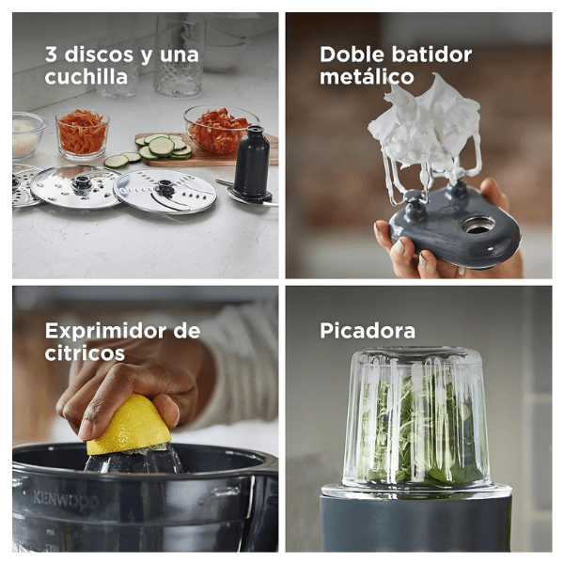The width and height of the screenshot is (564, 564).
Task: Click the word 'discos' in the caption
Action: pos(99,55)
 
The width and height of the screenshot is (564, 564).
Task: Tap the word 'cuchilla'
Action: pos(86,77)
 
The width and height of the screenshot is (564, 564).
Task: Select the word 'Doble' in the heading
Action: pos(352,55)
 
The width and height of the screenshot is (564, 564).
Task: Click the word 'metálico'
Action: pos(367,77)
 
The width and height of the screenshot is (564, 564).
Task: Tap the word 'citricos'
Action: pos(85,352)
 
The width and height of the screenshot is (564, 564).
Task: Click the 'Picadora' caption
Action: pos(368,331)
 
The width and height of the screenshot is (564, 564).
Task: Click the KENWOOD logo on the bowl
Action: pos(66,500)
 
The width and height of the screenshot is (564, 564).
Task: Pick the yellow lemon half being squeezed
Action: pos(129,426)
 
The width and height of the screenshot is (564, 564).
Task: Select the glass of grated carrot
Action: pos(83,134)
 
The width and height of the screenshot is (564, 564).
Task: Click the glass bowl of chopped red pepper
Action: pos(220,130)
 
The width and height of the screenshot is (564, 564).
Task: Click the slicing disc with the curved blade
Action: pos(165,191)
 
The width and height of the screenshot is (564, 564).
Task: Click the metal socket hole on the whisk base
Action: pos(478,225)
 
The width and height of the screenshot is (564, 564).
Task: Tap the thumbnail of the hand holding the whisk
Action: pos(399,246)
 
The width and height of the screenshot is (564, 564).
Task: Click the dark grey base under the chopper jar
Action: pos(415,524)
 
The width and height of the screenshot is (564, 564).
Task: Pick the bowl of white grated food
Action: pos(27,134)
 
